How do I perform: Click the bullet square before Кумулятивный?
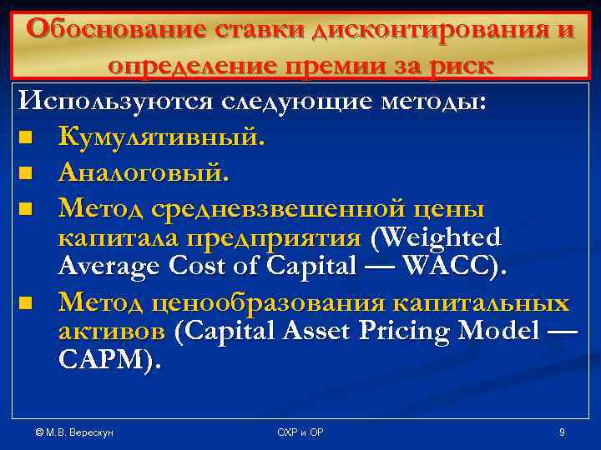point(28,138)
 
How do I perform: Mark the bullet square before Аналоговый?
point(28,175)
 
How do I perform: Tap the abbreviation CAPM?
point(104,362)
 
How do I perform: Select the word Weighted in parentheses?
point(441,239)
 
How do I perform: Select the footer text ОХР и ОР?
point(300,432)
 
